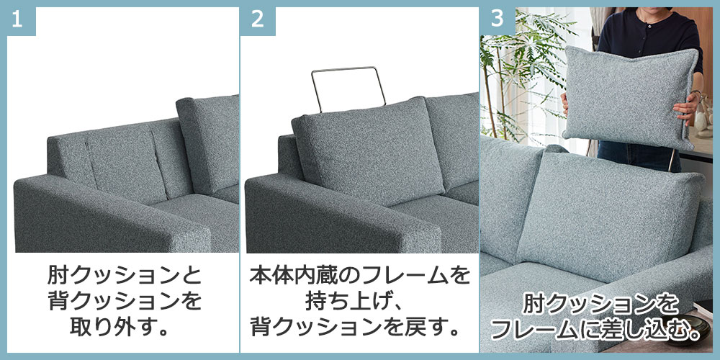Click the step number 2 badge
pos(258,21)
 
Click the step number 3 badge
pos(498,21)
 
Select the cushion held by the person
pos(630,97)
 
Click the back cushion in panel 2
pos(367,151)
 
